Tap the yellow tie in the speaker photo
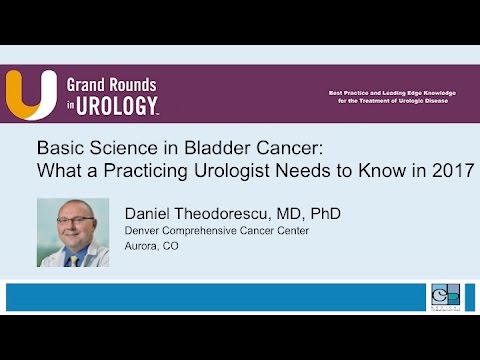tap(73, 258)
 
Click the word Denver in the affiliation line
tap(144, 231)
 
